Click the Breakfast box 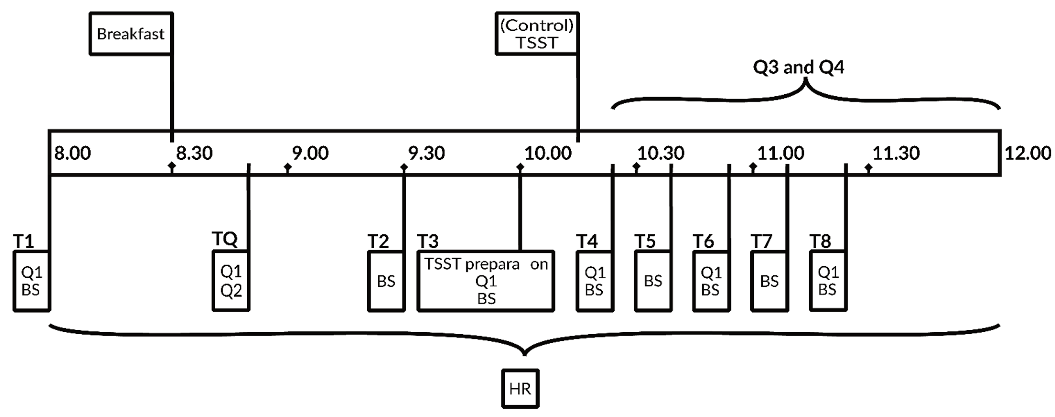[131, 34]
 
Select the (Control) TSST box [537, 34]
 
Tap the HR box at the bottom [520, 388]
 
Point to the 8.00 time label [72, 153]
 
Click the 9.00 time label [310, 153]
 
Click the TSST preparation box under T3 [486, 281]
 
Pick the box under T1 [32, 281]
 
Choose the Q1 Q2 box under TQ [231, 281]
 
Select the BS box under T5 [653, 281]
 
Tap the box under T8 [828, 281]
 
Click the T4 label [587, 241]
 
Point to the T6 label [703, 241]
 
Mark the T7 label [761, 241]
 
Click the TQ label [224, 239]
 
